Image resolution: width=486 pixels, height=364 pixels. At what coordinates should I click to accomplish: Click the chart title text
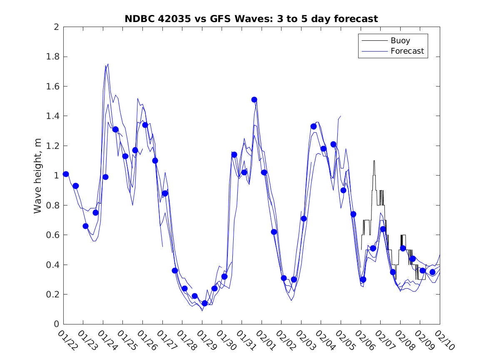coord(251,19)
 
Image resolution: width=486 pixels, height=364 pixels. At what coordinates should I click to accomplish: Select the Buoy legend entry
coord(400,41)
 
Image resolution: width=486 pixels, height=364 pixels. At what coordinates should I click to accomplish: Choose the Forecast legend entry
coord(407,51)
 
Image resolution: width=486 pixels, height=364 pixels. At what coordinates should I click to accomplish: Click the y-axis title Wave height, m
coord(38,176)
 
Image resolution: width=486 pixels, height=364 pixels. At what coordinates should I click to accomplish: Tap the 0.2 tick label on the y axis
coord(52,295)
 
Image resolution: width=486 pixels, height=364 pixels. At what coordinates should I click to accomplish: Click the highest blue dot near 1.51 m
coord(254,99)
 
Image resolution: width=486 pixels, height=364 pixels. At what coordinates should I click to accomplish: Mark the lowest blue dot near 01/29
coord(204,303)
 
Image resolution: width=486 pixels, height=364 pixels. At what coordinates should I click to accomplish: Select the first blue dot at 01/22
coord(66,174)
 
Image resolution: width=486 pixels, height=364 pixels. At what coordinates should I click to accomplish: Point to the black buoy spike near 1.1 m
coord(374,161)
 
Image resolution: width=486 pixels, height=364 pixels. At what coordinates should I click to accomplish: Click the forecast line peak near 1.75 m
coord(108,64)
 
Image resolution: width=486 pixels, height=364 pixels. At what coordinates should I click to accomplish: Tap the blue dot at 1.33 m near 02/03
coord(314,126)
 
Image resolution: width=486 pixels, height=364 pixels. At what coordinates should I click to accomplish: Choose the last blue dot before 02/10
coord(432,272)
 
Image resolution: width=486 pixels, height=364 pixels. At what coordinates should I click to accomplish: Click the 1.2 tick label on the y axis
coord(52,146)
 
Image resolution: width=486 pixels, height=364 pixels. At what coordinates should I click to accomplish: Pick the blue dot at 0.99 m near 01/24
coord(105,177)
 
